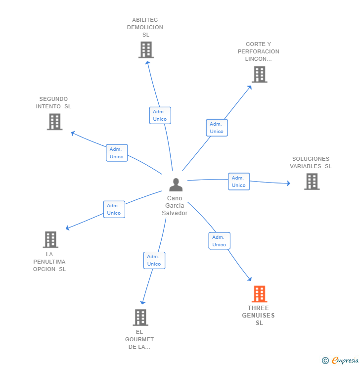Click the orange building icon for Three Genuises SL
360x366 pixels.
click(x=260, y=294)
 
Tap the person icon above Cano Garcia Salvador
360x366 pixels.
click(x=176, y=184)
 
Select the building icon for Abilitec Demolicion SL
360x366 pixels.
click(x=146, y=50)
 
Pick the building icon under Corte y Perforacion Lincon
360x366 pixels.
click(x=260, y=75)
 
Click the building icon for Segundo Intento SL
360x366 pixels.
click(x=54, y=122)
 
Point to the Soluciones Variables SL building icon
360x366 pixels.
click(x=312, y=182)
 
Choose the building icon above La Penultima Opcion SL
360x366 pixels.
click(x=50, y=239)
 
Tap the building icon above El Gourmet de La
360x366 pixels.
click(x=140, y=318)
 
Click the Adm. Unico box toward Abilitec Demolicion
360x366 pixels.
click(x=160, y=115)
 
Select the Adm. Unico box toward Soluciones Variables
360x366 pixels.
click(x=239, y=182)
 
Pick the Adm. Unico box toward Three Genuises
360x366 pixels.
click(x=219, y=241)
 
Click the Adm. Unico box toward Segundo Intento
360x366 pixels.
click(x=117, y=153)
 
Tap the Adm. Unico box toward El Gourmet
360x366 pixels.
click(x=154, y=260)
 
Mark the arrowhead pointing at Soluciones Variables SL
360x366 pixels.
click(x=289, y=183)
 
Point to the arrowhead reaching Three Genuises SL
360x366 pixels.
click(x=250, y=278)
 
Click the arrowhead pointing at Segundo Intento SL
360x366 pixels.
click(x=73, y=133)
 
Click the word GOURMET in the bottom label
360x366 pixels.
click(x=139, y=339)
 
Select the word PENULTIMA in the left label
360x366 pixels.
click(x=49, y=262)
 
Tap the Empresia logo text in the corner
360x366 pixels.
click(x=345, y=360)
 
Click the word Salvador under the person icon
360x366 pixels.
click(x=175, y=213)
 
